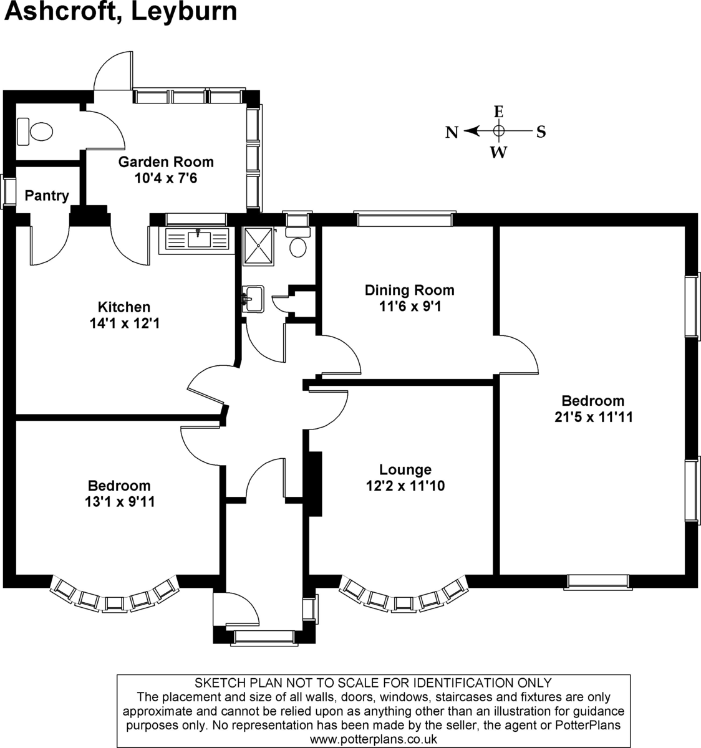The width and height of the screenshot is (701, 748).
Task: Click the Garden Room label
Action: (166, 162)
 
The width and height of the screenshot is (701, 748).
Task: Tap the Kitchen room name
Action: (124, 307)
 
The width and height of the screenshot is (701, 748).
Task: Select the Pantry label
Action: (47, 196)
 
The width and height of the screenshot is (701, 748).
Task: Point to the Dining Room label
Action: (409, 290)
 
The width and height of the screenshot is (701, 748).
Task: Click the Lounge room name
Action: (405, 469)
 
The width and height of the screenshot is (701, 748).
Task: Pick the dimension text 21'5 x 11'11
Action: (592, 418)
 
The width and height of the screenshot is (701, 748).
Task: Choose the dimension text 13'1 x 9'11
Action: (118, 502)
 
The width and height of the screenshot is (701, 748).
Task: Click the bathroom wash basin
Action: (254, 299)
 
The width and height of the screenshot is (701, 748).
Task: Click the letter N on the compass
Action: (452, 132)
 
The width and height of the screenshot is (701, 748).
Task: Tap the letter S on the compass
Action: (541, 132)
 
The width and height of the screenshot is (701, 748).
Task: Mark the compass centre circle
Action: (498, 131)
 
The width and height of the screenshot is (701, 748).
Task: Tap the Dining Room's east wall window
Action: (403, 219)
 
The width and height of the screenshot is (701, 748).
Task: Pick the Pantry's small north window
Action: (8, 192)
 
